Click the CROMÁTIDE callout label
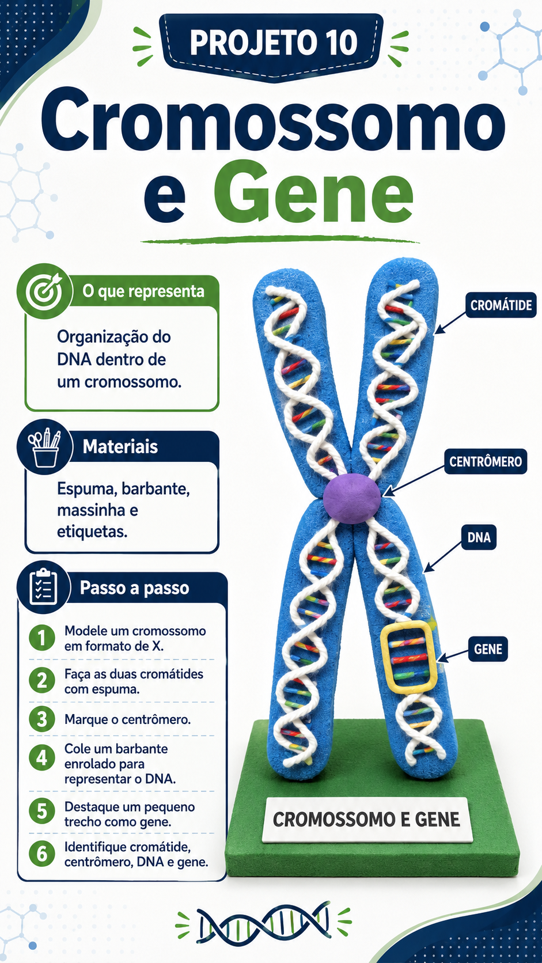(x=501, y=305)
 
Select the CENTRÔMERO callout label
(x=485, y=462)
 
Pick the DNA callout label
(x=479, y=537)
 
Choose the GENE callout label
(x=488, y=649)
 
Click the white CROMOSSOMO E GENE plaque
(x=367, y=820)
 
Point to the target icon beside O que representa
(x=44, y=291)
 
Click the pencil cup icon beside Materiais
(x=44, y=447)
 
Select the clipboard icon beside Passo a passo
(x=43, y=587)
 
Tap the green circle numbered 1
(x=41, y=638)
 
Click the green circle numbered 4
(x=41, y=757)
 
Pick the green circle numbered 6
(x=41, y=854)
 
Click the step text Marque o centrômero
(x=128, y=719)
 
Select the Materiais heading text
(x=120, y=447)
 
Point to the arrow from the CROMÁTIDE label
(x=450, y=323)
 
